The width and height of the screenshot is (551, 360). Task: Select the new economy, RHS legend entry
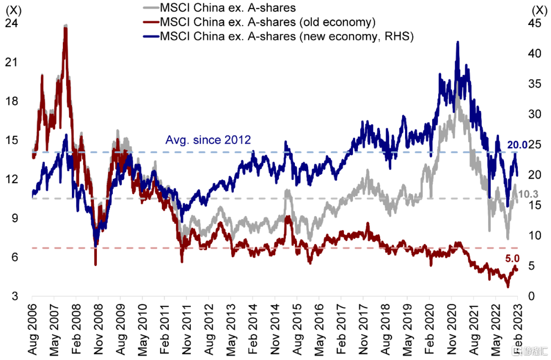tap(286, 36)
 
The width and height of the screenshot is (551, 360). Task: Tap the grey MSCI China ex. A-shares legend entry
tap(228, 8)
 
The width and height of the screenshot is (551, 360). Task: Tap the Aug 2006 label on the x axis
tap(32, 327)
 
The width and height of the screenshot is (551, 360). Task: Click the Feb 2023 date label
tap(517, 327)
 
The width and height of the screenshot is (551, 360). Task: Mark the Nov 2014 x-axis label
tap(274, 327)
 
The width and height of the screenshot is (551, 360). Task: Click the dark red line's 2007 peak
tap(65, 27)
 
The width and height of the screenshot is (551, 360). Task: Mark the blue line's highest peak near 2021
tap(458, 42)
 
